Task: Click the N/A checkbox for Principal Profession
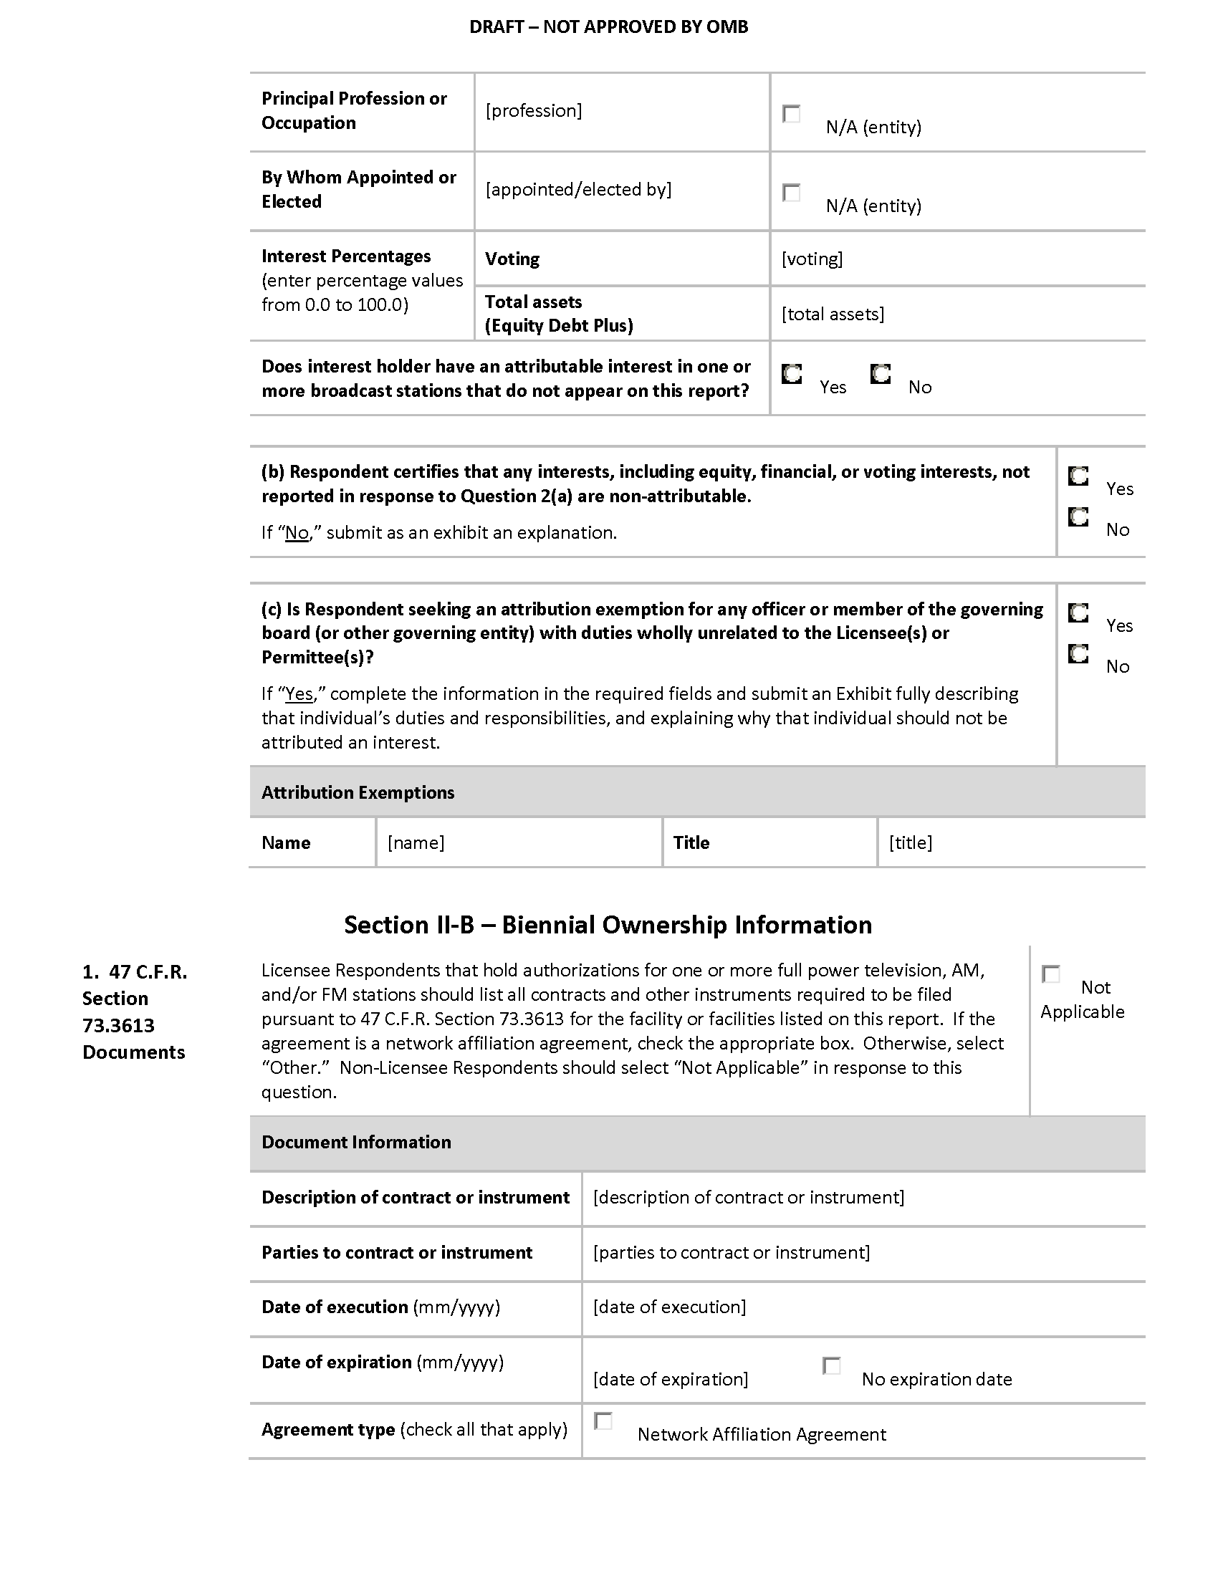(792, 114)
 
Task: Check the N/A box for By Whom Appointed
(792, 193)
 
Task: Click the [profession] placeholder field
(534, 110)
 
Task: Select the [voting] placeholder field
(812, 259)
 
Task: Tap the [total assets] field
(833, 314)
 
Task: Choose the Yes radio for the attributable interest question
(792, 374)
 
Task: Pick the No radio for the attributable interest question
(881, 374)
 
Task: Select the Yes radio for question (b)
(1078, 476)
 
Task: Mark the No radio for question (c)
(1078, 654)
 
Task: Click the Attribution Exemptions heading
(358, 792)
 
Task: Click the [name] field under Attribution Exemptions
(416, 842)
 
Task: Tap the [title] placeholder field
(911, 842)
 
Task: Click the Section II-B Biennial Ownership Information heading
(608, 925)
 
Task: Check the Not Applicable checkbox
(1051, 974)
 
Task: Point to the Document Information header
(357, 1142)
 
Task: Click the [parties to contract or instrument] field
(731, 1252)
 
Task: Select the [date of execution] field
(670, 1307)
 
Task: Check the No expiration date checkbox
(831, 1365)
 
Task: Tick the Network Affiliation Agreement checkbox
(603, 1421)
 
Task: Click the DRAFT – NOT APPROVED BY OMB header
(608, 27)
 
